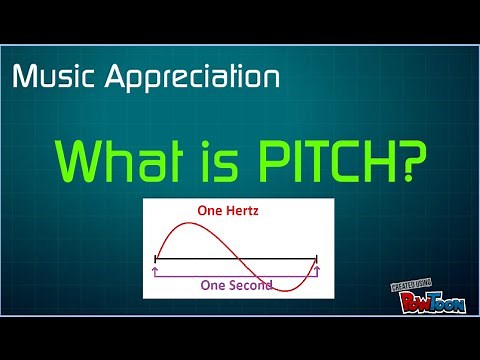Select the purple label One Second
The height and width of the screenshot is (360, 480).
coord(234,283)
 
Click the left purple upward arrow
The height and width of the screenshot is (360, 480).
coord(154,270)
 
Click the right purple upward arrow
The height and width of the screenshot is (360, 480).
coord(316,270)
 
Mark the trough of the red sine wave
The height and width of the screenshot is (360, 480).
coord(285,291)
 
